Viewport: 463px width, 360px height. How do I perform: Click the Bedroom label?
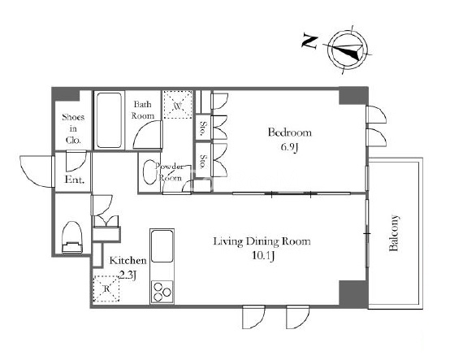[x=290, y=132]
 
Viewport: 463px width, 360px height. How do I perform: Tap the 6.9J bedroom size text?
[x=289, y=147]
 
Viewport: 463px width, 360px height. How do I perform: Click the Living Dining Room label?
[x=262, y=241]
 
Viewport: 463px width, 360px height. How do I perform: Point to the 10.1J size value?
[x=263, y=256]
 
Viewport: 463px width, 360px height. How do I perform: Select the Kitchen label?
[x=128, y=260]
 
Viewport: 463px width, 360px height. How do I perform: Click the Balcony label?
[x=394, y=233]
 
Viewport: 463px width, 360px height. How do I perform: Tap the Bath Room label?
[x=143, y=110]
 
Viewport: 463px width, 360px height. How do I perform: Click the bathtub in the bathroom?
[x=109, y=120]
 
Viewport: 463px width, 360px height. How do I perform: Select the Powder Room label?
[x=169, y=172]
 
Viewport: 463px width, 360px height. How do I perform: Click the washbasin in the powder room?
[x=149, y=172]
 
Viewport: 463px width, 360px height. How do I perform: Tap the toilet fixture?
[x=72, y=237]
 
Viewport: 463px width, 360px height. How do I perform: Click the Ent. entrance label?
[x=75, y=180]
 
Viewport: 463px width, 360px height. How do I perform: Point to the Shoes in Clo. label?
[x=73, y=128]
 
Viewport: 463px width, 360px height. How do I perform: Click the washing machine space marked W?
[x=178, y=105]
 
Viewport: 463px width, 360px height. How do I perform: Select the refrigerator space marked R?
[x=106, y=288]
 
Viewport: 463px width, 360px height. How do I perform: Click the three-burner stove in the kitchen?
[x=162, y=292]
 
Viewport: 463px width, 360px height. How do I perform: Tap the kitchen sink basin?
[x=162, y=246]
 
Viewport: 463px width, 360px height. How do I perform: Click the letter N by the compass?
[x=309, y=42]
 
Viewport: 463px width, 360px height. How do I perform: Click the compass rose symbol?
[x=348, y=50]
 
